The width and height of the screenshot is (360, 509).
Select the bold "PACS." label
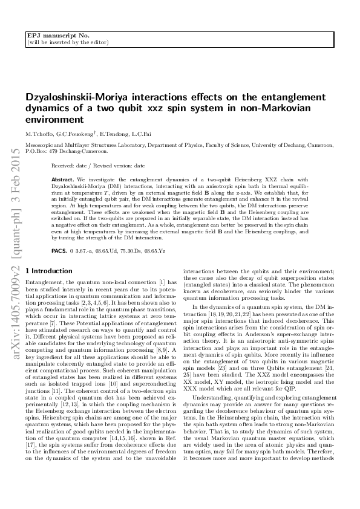tap(59, 249)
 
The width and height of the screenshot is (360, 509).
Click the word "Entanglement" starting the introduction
tap(44, 282)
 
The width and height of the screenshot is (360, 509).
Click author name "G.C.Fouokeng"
tap(76, 133)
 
